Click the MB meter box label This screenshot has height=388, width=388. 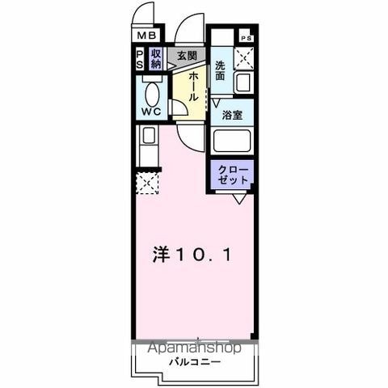(146, 36)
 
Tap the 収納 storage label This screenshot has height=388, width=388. (156, 59)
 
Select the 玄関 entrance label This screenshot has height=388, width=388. (187, 56)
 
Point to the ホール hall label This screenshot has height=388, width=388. (193, 86)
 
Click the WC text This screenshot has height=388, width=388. (151, 112)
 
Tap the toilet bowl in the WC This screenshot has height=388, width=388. (152, 94)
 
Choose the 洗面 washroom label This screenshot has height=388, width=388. (220, 70)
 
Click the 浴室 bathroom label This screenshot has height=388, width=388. (232, 115)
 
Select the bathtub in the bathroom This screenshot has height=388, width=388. (232, 141)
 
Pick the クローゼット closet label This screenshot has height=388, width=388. (233, 175)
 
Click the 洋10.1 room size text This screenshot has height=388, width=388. (192, 255)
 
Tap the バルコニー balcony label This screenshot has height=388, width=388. (195, 362)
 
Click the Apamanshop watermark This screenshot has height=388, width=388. (194, 348)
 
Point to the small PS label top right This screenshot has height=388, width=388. (246, 38)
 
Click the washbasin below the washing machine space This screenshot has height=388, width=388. (243, 82)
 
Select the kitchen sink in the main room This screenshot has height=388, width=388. (149, 136)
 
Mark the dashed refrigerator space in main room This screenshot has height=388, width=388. (147, 183)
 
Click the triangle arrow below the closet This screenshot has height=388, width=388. (239, 199)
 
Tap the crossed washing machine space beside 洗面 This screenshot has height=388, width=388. (243, 58)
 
